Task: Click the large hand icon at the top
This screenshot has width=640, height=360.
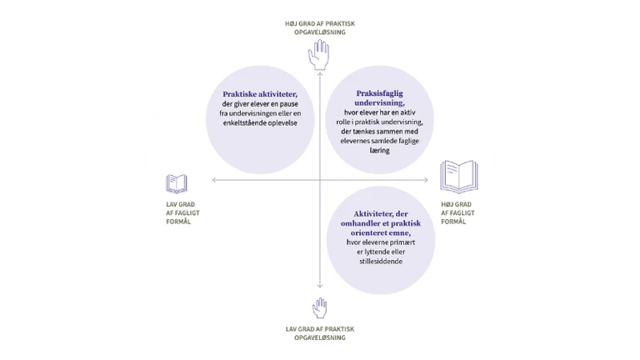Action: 319,55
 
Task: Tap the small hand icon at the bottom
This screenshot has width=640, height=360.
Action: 320,307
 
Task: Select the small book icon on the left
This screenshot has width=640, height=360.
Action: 177,183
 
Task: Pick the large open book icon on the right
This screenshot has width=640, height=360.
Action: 459,177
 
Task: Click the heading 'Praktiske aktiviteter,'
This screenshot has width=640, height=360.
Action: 260,94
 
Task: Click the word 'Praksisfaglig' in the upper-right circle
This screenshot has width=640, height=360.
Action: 380,93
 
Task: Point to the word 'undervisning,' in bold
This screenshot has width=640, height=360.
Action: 380,102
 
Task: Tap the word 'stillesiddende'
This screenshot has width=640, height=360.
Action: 381,261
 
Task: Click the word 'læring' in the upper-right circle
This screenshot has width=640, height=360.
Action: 380,150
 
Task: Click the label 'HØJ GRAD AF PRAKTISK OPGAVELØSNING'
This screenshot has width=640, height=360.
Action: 320,27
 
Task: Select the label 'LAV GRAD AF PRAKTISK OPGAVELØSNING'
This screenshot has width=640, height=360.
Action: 320,333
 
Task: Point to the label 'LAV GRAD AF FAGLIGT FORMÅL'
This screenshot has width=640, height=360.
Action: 182,212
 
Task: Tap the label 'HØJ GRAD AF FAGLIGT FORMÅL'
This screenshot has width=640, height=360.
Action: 457,212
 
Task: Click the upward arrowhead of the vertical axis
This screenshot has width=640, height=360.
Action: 320,75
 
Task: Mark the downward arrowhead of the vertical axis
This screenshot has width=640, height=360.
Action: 320,286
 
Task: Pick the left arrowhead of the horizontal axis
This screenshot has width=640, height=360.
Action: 215,180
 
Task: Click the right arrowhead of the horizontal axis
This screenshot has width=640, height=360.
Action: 425,180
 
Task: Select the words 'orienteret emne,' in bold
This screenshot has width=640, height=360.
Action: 381,232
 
